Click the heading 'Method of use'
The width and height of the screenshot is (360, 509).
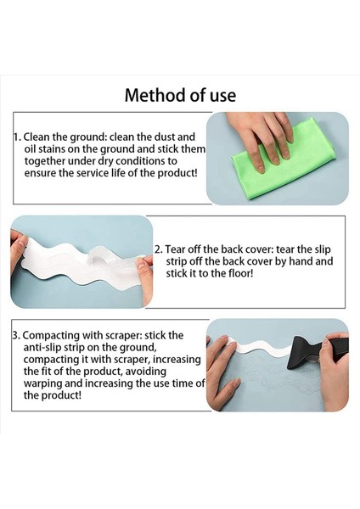180,94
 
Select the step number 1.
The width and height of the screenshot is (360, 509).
15,137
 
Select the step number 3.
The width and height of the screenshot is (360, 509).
15,335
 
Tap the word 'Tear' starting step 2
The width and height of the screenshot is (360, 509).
177,250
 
